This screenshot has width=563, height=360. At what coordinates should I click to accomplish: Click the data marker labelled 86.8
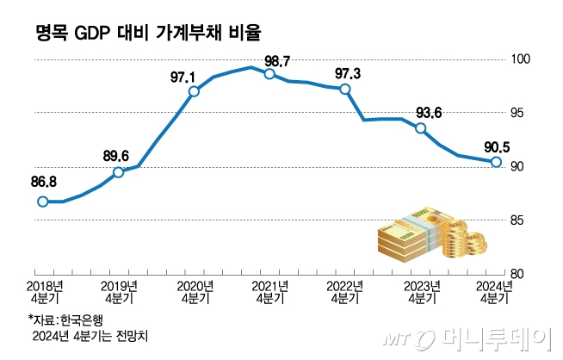click(x=42, y=202)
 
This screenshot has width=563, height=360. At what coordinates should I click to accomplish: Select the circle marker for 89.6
click(x=118, y=172)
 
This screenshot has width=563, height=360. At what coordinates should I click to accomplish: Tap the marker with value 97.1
click(x=194, y=91)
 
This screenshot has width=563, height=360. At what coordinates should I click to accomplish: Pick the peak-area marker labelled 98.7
click(x=269, y=74)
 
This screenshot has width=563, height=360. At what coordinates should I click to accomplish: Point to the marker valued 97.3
click(x=345, y=89)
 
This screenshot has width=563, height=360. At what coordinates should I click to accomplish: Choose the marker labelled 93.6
click(x=421, y=128)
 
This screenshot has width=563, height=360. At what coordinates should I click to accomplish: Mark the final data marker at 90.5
click(x=497, y=162)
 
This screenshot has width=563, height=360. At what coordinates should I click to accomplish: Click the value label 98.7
click(x=277, y=59)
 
